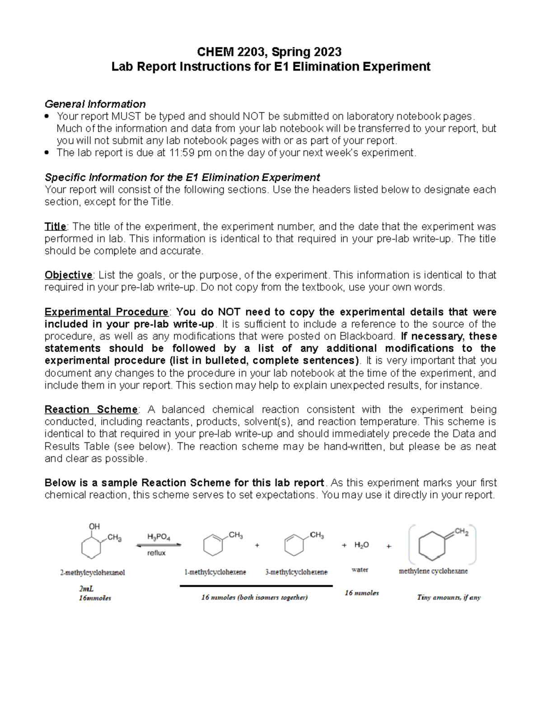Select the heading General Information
click(x=95, y=104)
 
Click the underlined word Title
click(x=55, y=226)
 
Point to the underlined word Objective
click(x=68, y=275)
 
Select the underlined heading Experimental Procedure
click(x=106, y=312)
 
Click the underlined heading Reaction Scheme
click(x=91, y=409)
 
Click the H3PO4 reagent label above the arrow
click(x=159, y=537)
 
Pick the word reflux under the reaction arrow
click(x=156, y=553)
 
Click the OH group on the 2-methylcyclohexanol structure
click(x=94, y=526)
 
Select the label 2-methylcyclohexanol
click(x=93, y=572)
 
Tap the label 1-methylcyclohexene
click(x=215, y=572)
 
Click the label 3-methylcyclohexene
click(x=296, y=572)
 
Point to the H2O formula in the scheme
click(x=361, y=545)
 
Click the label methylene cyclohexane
click(x=433, y=571)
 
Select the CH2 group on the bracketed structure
click(x=461, y=532)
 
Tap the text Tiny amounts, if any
click(x=449, y=597)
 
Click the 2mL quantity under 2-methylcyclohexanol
click(x=86, y=589)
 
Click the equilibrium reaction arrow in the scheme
click(x=159, y=545)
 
